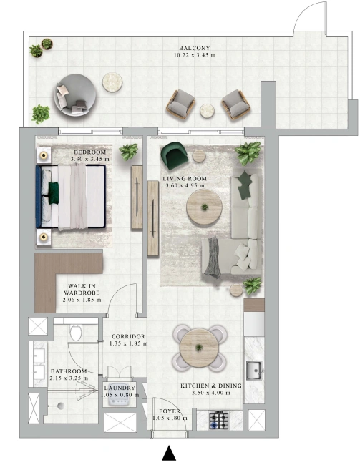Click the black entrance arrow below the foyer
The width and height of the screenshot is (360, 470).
(169, 454)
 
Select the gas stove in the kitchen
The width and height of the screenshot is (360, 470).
(219, 421)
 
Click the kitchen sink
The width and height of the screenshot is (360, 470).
(254, 371)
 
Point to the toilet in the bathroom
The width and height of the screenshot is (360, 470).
(76, 333)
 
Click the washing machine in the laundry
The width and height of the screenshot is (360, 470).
(119, 394)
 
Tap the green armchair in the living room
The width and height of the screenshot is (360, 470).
(175, 155)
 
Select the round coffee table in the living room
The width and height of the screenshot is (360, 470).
(204, 207)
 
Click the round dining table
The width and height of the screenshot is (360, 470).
(198, 348)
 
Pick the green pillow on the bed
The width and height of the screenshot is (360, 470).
(54, 192)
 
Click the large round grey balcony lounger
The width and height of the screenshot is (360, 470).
(75, 94)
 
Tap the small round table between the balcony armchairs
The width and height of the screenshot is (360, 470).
(207, 111)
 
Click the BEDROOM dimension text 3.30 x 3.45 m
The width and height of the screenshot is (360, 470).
(90, 159)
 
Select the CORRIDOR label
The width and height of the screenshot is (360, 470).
(128, 337)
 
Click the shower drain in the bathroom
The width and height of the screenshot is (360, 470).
(61, 406)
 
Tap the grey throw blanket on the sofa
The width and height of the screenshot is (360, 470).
(213, 256)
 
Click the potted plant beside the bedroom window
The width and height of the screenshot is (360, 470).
(129, 152)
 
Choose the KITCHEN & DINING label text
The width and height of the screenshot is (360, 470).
(211, 386)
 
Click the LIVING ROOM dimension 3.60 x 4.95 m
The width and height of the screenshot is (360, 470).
(186, 185)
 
